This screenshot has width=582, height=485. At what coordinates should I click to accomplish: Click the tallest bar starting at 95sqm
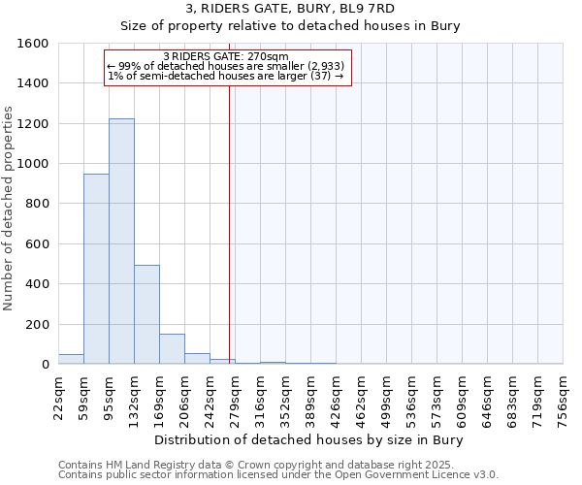click(121, 242)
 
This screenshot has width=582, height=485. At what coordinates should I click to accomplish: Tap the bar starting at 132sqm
click(146, 314)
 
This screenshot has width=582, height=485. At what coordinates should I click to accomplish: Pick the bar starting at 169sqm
click(172, 349)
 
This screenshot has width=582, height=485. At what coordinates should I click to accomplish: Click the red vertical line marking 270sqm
click(229, 223)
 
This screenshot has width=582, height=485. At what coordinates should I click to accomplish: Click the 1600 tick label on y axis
click(34, 44)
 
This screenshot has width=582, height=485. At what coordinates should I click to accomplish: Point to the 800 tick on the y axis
click(38, 204)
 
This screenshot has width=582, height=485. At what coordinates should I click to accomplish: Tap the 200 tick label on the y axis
click(38, 324)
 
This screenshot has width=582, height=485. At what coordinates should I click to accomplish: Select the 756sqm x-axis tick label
click(564, 399)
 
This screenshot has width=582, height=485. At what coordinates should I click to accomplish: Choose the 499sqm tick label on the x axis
click(387, 399)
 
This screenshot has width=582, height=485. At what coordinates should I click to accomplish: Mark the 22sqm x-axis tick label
click(59, 399)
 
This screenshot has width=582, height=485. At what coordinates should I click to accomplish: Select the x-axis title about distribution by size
click(310, 440)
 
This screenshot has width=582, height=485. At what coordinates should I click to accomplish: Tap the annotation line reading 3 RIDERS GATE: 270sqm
click(226, 56)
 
